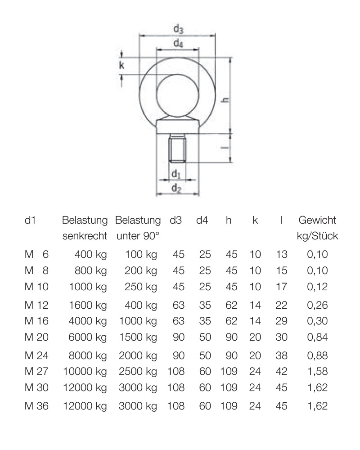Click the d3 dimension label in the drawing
[178, 29]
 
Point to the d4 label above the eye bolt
[178, 44]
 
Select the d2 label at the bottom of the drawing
[176, 189]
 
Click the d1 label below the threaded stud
[176, 174]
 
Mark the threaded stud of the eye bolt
[178, 150]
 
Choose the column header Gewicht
[317, 220]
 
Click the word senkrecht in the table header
[85, 236]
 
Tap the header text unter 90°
[138, 236]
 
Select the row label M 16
[36, 321]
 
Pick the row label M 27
[36, 371]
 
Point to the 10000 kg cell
[85, 371]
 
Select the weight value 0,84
[317, 337]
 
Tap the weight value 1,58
[317, 371]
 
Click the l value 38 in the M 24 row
[281, 355]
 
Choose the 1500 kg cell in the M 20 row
[138, 337]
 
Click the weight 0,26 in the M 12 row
[317, 305]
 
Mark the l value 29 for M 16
[281, 321]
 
